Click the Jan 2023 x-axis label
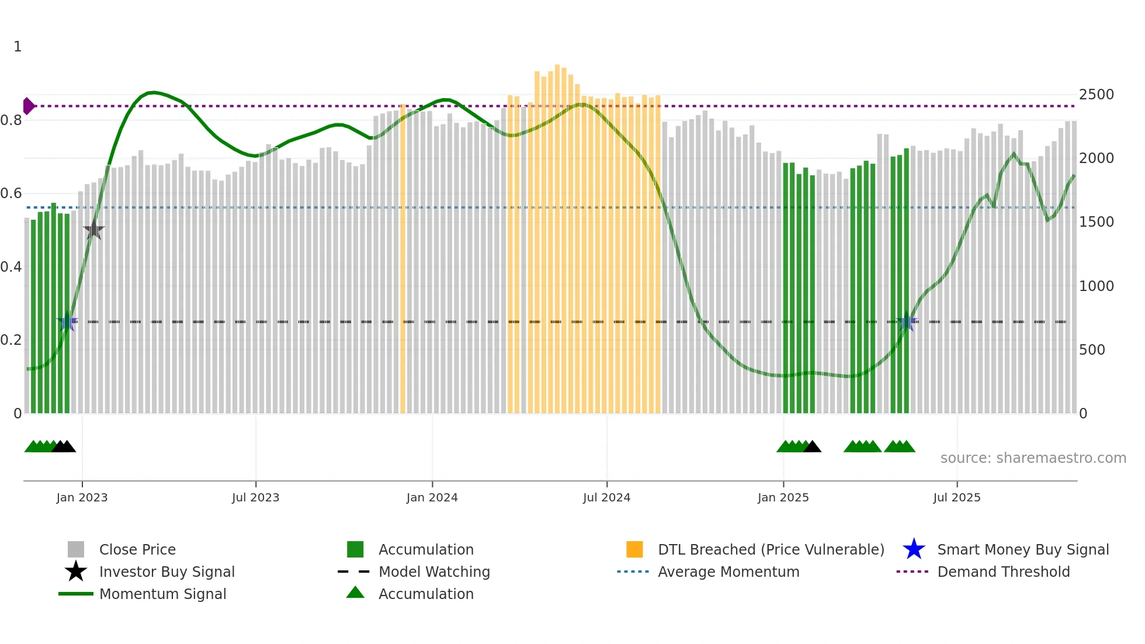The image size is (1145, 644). tap(82, 497)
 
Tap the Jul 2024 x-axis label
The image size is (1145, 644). tap(606, 497)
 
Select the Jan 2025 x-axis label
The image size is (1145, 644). tap(783, 497)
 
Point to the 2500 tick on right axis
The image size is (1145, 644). tap(1096, 95)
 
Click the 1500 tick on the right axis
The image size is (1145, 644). tap(1096, 222)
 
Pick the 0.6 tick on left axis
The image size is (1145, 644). tap(11, 193)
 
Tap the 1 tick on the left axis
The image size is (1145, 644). tap(18, 47)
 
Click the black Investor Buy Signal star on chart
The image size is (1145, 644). tap(93, 230)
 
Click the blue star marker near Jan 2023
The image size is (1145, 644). tap(67, 321)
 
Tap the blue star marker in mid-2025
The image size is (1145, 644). tap(907, 321)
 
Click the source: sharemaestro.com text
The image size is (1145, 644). tap(1033, 458)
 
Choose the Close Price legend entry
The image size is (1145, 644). tap(137, 549)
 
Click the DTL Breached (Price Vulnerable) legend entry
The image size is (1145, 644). tap(771, 549)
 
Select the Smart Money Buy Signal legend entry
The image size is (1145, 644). tap(1022, 549)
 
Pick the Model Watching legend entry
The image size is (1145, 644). tap(434, 572)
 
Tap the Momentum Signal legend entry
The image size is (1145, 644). tap(162, 594)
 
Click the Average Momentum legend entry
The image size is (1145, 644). tap(728, 572)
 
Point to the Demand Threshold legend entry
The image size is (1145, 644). tap(1003, 572)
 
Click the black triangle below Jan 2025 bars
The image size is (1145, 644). tap(812, 447)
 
